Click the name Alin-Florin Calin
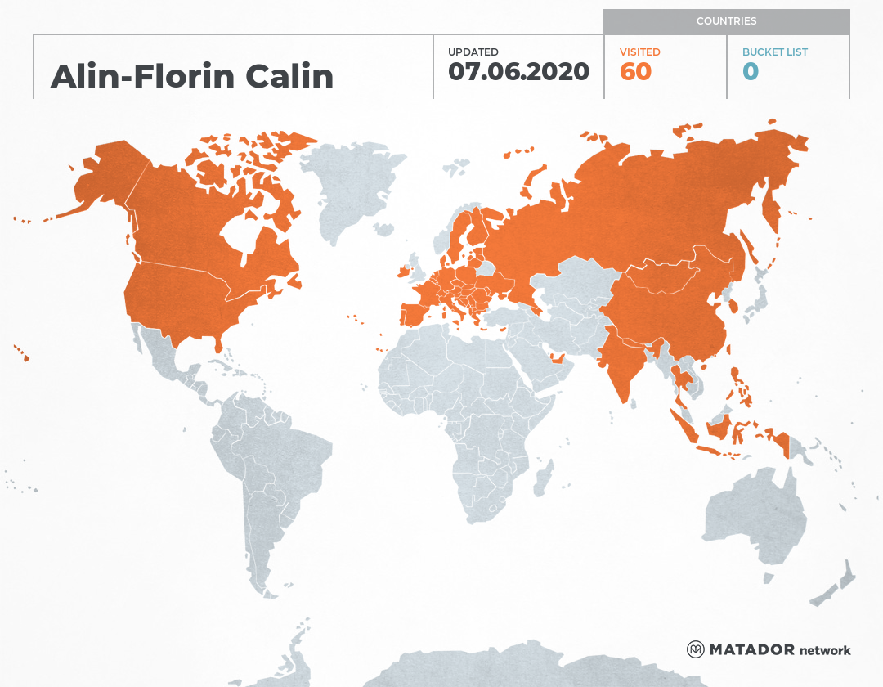[x=192, y=76]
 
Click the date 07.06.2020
[x=518, y=72]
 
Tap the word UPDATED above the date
[x=473, y=52]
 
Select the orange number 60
[x=635, y=72]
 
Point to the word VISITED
[x=639, y=52]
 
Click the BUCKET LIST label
[x=774, y=52]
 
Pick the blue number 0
[x=751, y=72]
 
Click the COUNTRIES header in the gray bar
[x=726, y=21]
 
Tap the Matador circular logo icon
[x=695, y=649]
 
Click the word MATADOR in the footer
[x=751, y=650]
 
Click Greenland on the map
[x=347, y=184]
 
